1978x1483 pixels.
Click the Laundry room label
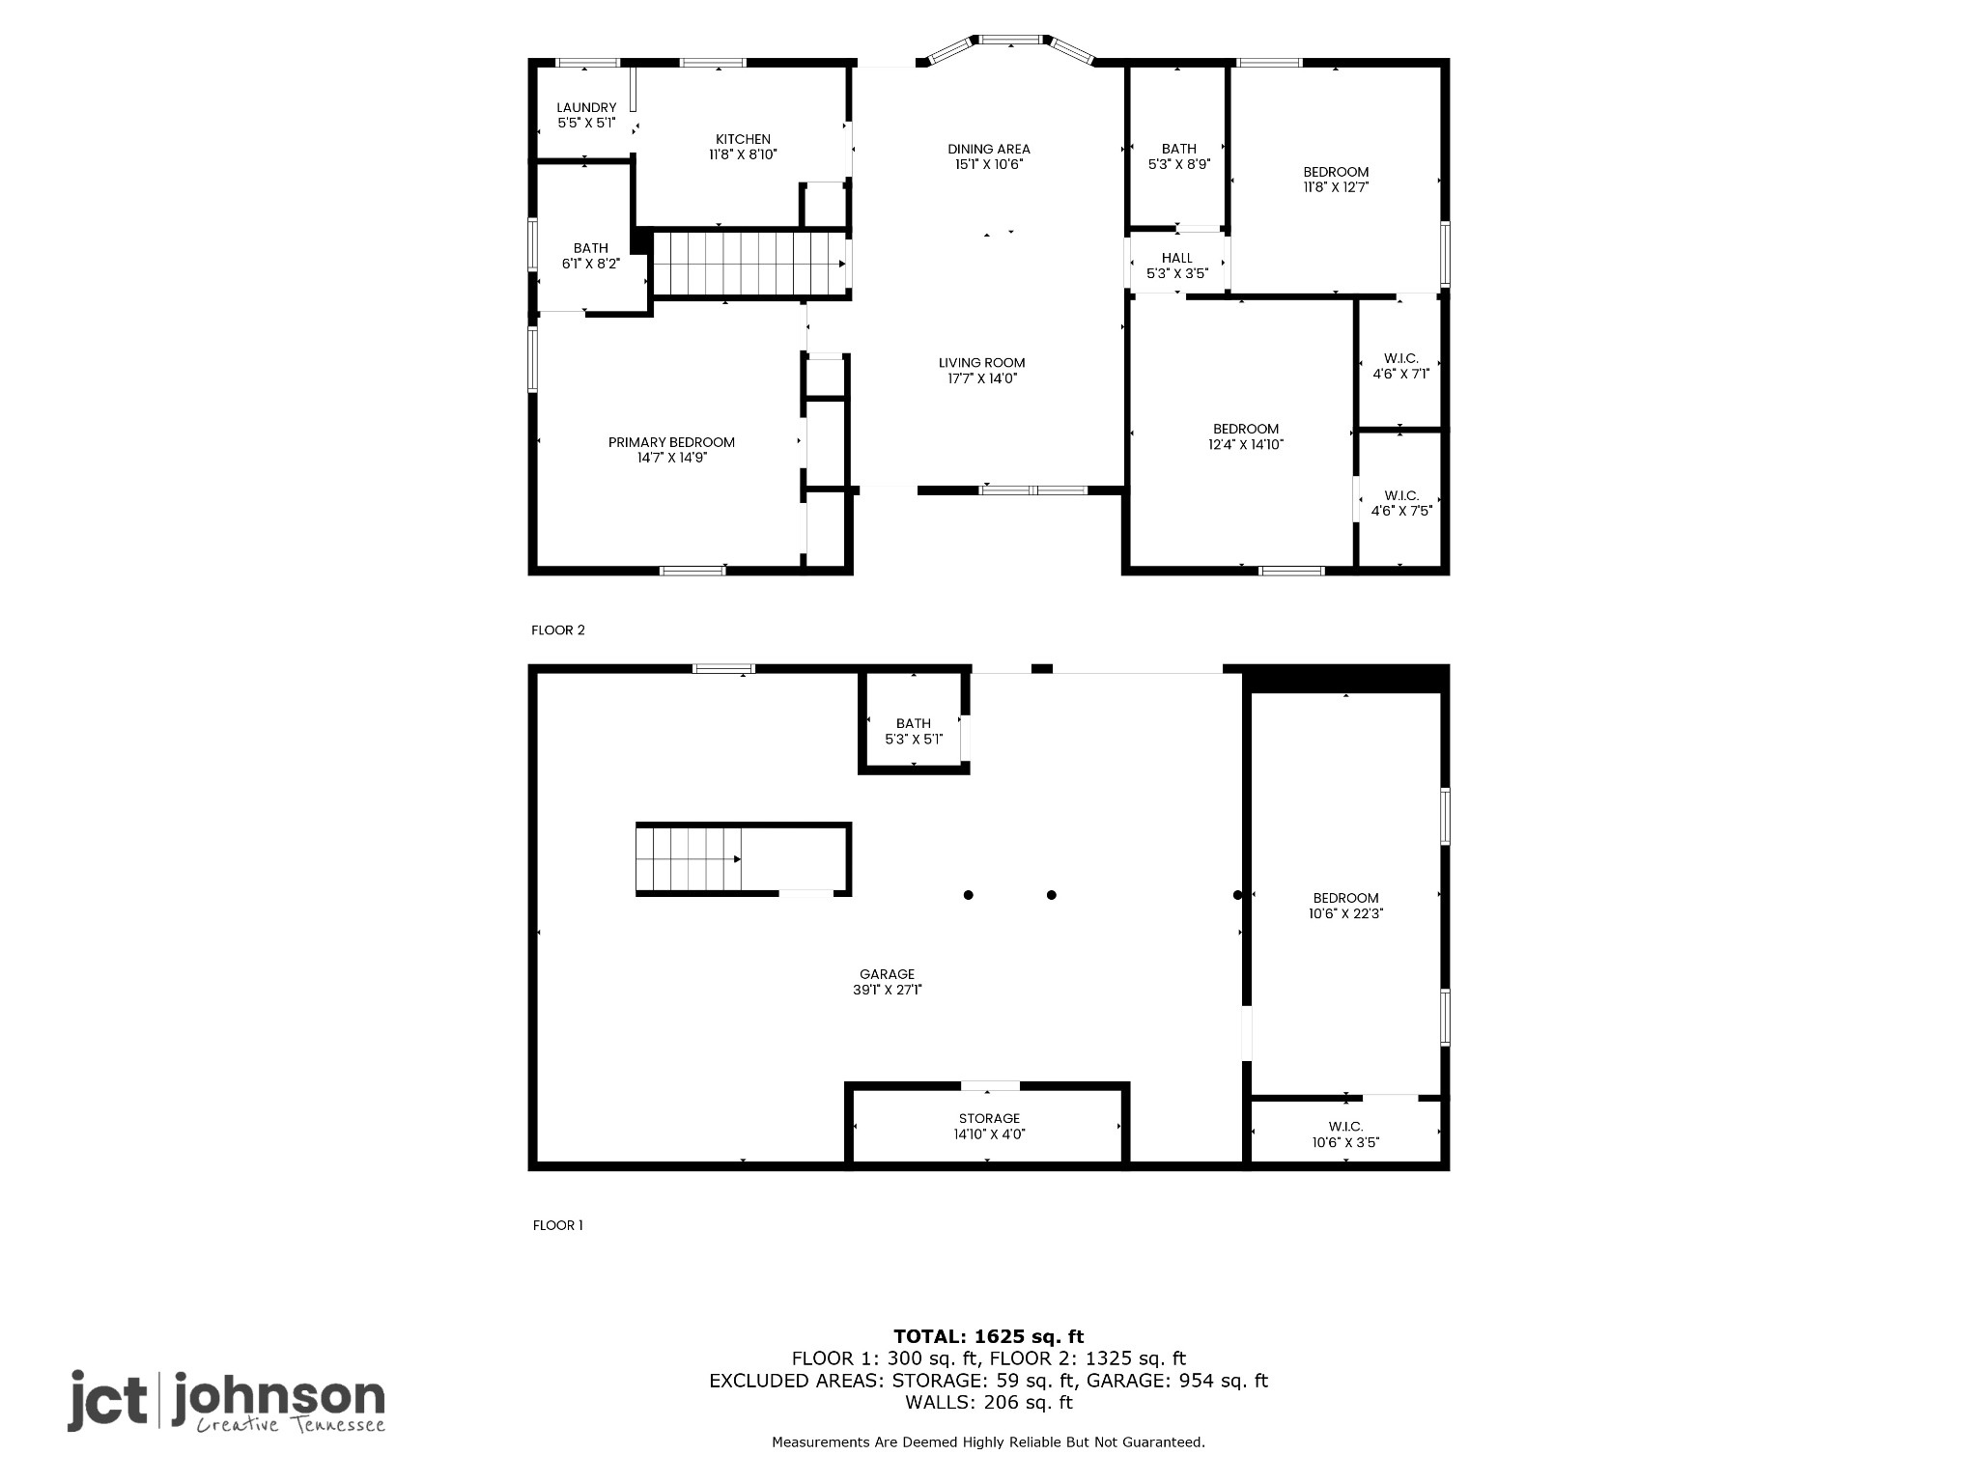tap(586, 108)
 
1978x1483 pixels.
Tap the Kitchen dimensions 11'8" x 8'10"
tap(743, 154)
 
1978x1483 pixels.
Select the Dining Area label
tap(988, 149)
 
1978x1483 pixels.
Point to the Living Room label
tap(981, 363)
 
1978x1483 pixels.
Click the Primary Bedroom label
tap(671, 442)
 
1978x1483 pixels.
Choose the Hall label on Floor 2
tap(1176, 258)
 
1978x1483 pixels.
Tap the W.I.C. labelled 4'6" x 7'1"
tap(1400, 366)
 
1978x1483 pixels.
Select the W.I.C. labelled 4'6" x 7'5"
tap(1400, 503)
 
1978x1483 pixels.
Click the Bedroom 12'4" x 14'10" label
tap(1246, 436)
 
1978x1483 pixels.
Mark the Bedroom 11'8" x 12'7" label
tap(1336, 180)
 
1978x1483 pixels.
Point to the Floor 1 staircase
tap(688, 859)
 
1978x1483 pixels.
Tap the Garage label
tap(887, 974)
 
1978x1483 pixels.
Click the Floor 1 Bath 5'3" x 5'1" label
tap(913, 731)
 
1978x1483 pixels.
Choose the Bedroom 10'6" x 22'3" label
tap(1345, 906)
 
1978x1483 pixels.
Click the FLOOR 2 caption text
tap(557, 630)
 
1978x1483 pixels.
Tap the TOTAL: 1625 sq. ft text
tap(988, 1336)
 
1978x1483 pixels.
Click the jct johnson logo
tap(226, 1401)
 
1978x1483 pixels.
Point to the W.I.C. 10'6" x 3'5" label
tap(1345, 1134)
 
